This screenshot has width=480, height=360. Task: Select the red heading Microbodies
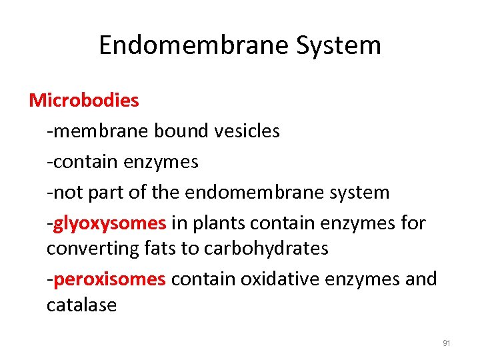pyautogui.click(x=84, y=101)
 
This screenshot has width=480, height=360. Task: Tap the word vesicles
pyautogui.click(x=247, y=131)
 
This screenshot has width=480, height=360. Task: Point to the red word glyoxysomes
pyautogui.click(x=109, y=223)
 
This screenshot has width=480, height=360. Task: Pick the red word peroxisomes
pyautogui.click(x=109, y=279)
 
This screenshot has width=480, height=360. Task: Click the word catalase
pyautogui.click(x=81, y=305)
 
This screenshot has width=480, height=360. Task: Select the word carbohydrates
pyautogui.click(x=266, y=249)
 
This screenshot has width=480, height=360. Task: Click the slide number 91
pyautogui.click(x=447, y=344)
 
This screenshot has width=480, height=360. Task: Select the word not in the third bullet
pyautogui.click(x=65, y=193)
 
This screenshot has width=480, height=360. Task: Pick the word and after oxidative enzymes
pyautogui.click(x=421, y=279)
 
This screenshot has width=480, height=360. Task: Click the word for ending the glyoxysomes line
pyautogui.click(x=413, y=223)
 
